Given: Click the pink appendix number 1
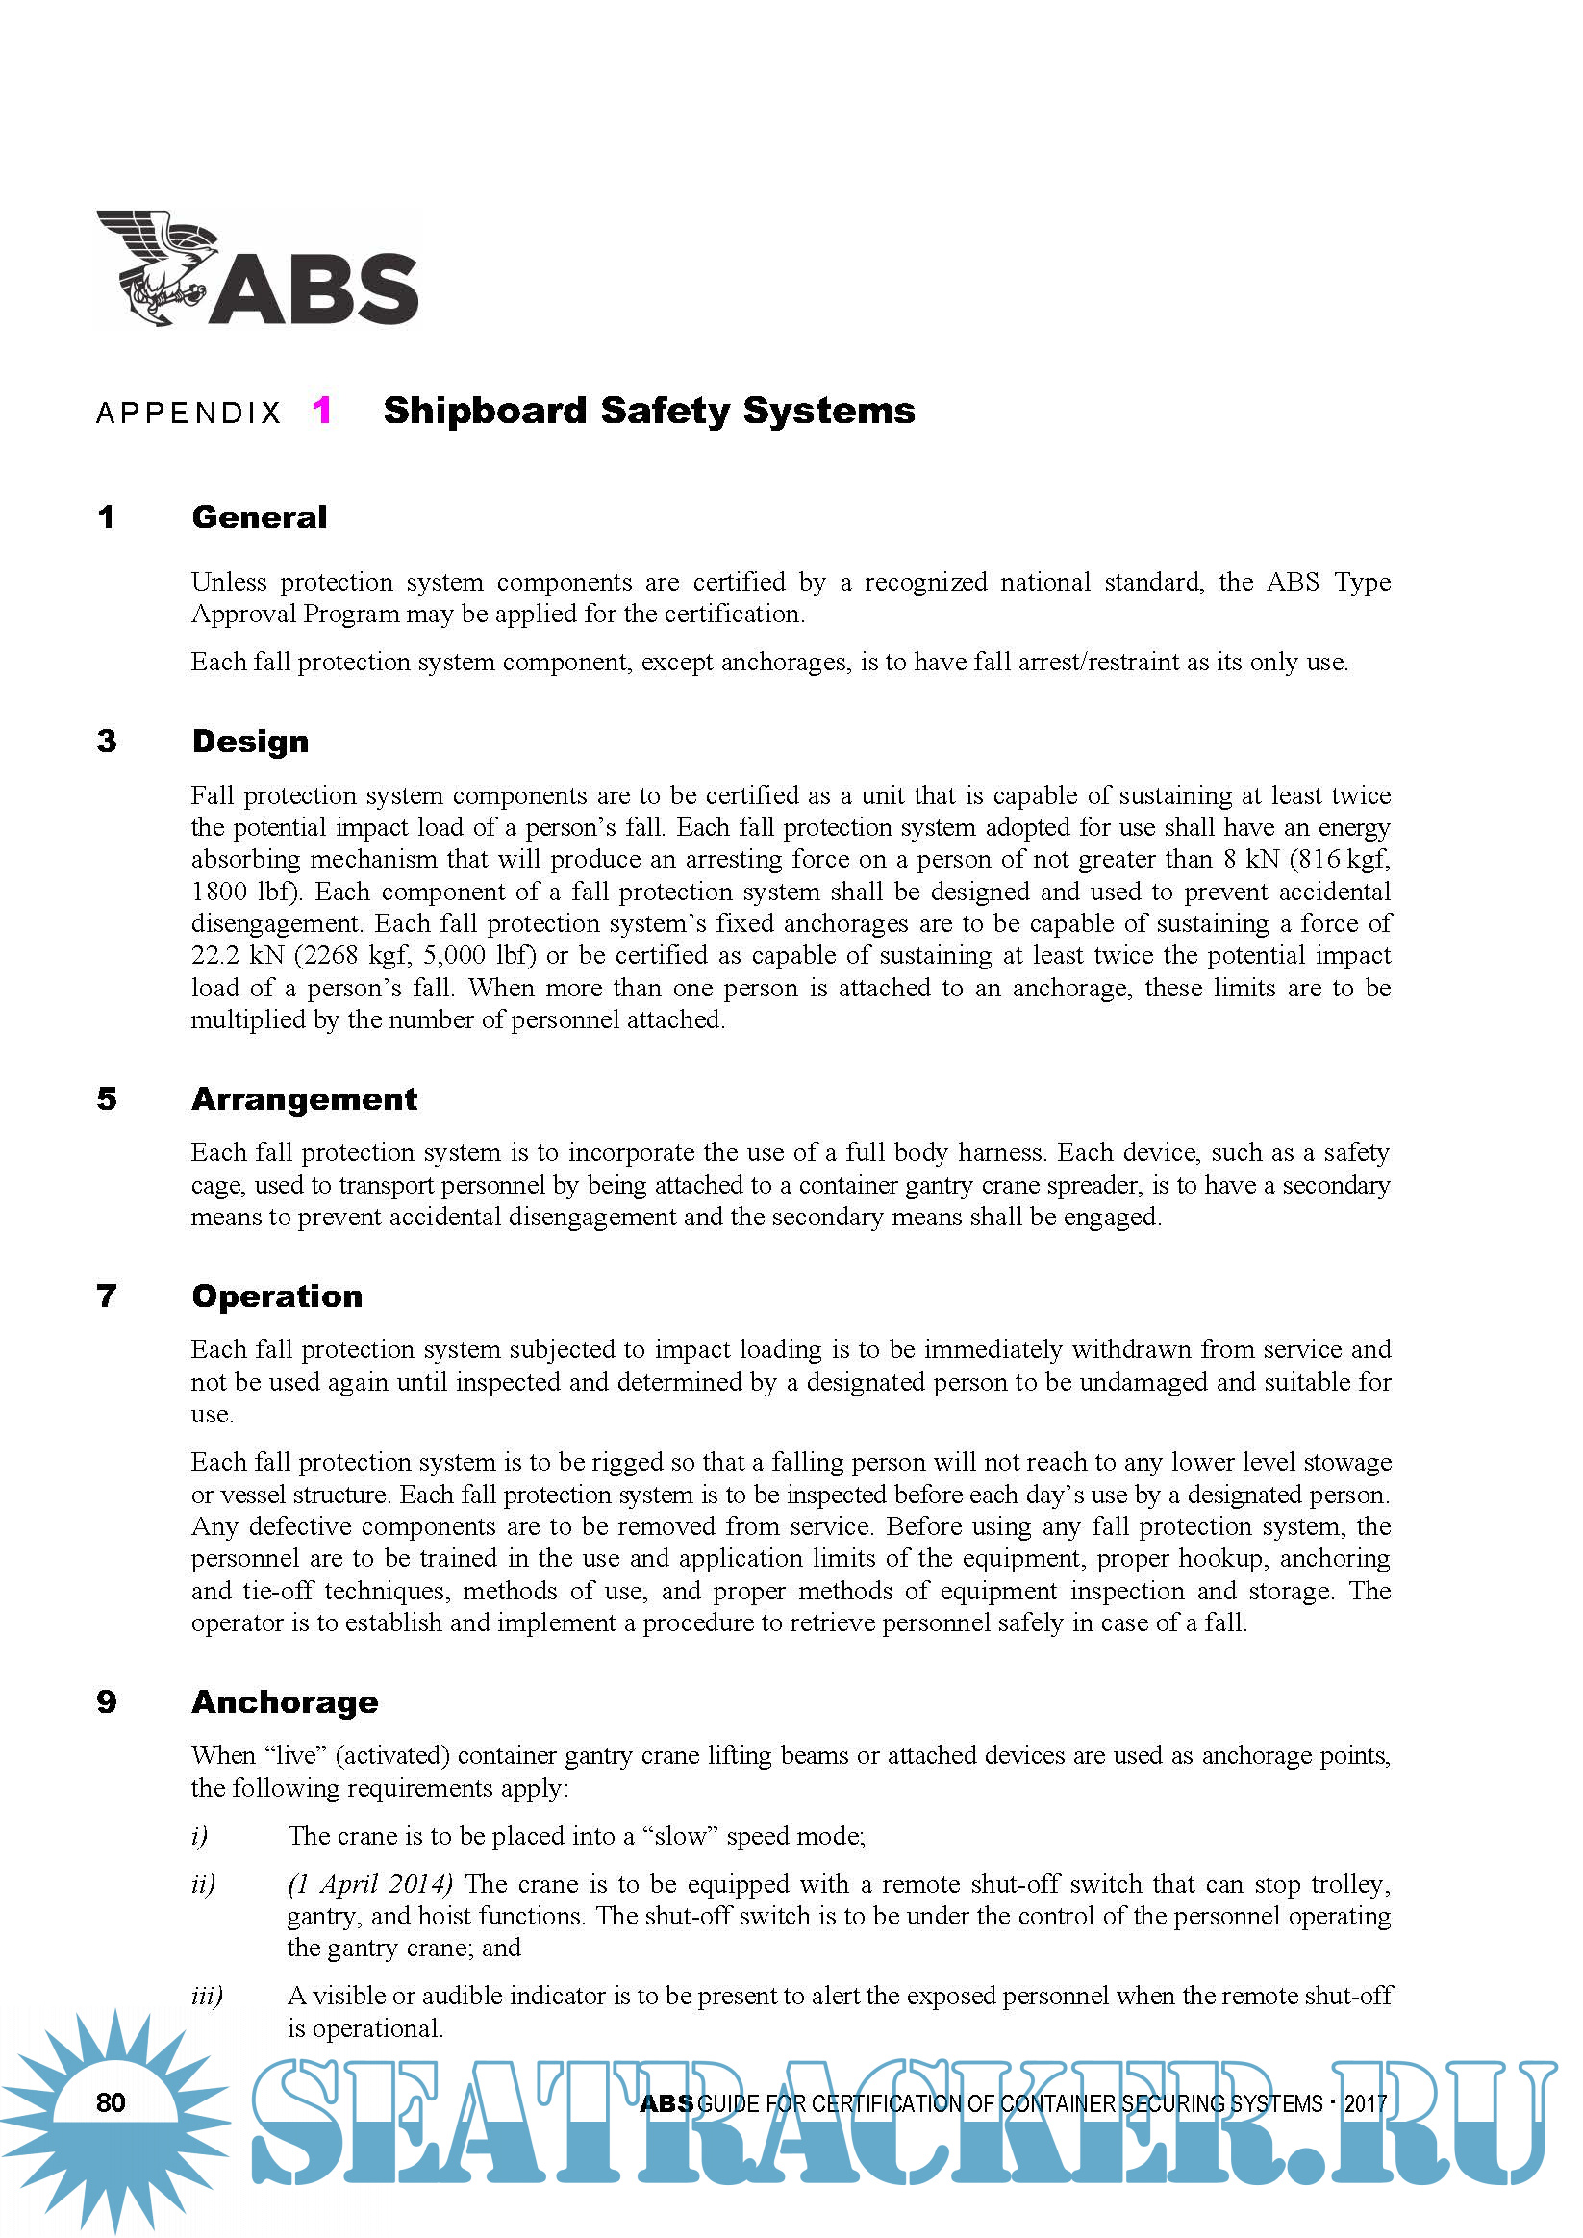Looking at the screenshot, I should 321,411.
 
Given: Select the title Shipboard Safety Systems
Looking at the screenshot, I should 648,411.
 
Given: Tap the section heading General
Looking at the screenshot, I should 260,516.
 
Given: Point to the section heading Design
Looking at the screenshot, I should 250,741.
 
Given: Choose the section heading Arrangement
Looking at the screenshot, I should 304,1098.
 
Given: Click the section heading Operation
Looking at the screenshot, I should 277,1295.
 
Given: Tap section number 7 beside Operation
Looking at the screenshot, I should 107,1295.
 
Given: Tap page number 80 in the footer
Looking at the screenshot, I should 112,2102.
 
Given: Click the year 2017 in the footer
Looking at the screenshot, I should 1366,2103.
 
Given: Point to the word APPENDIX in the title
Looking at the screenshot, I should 189,414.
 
